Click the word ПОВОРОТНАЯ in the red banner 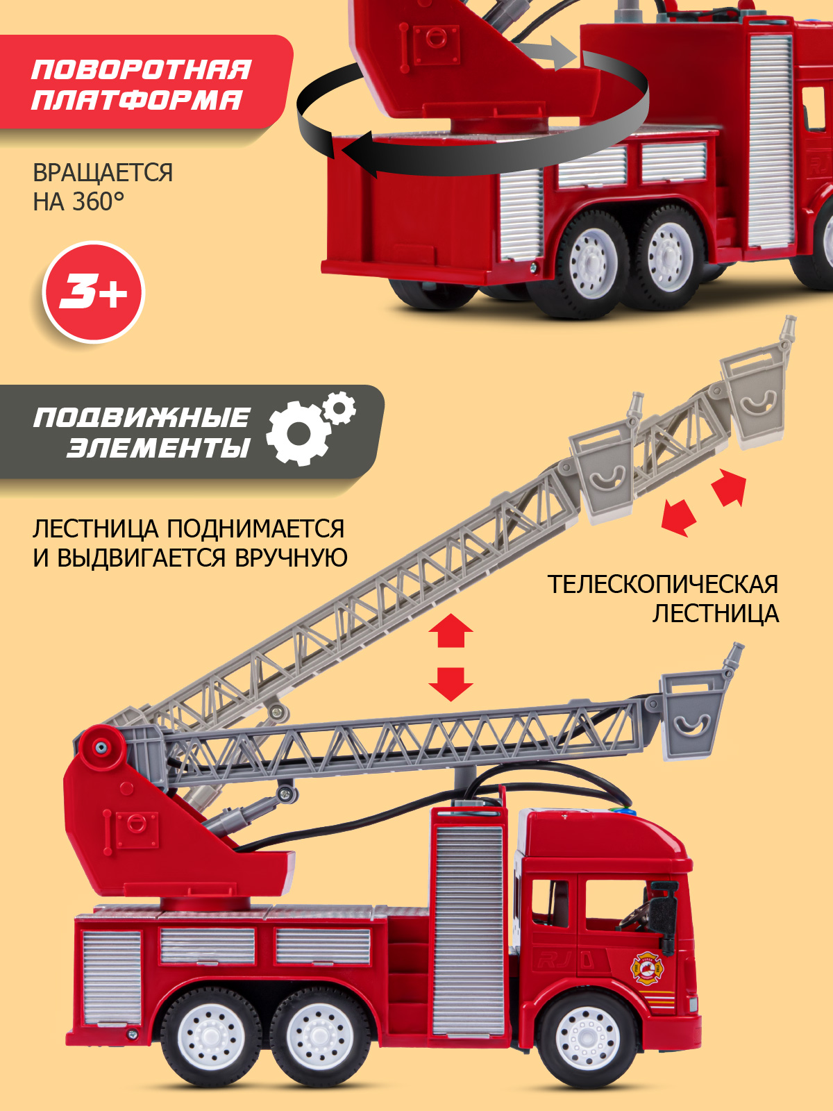pyautogui.click(x=141, y=70)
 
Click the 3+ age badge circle pyautogui.click(x=94, y=292)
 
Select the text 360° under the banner pyautogui.click(x=99, y=202)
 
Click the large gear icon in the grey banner pyautogui.click(x=297, y=433)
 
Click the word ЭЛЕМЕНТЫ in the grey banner pyautogui.click(x=158, y=448)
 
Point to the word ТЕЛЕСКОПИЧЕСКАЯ pyautogui.click(x=662, y=585)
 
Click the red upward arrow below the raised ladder pyautogui.click(x=451, y=630)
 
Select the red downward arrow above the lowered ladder pyautogui.click(x=451, y=683)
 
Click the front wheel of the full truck pyautogui.click(x=587, y=1039)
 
